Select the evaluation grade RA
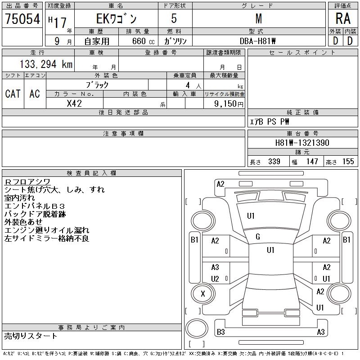(343, 18)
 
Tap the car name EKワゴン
(117, 19)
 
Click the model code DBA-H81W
(258, 41)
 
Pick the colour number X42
(74, 103)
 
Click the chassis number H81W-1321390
(302, 143)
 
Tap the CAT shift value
(13, 94)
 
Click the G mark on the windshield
(257, 237)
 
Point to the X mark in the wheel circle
(202, 294)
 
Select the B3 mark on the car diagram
(220, 332)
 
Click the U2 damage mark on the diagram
(215, 279)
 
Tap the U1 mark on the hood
(251, 216)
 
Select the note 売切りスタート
(31, 336)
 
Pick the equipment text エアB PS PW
(270, 122)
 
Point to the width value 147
(312, 162)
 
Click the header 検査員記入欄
(91, 173)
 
